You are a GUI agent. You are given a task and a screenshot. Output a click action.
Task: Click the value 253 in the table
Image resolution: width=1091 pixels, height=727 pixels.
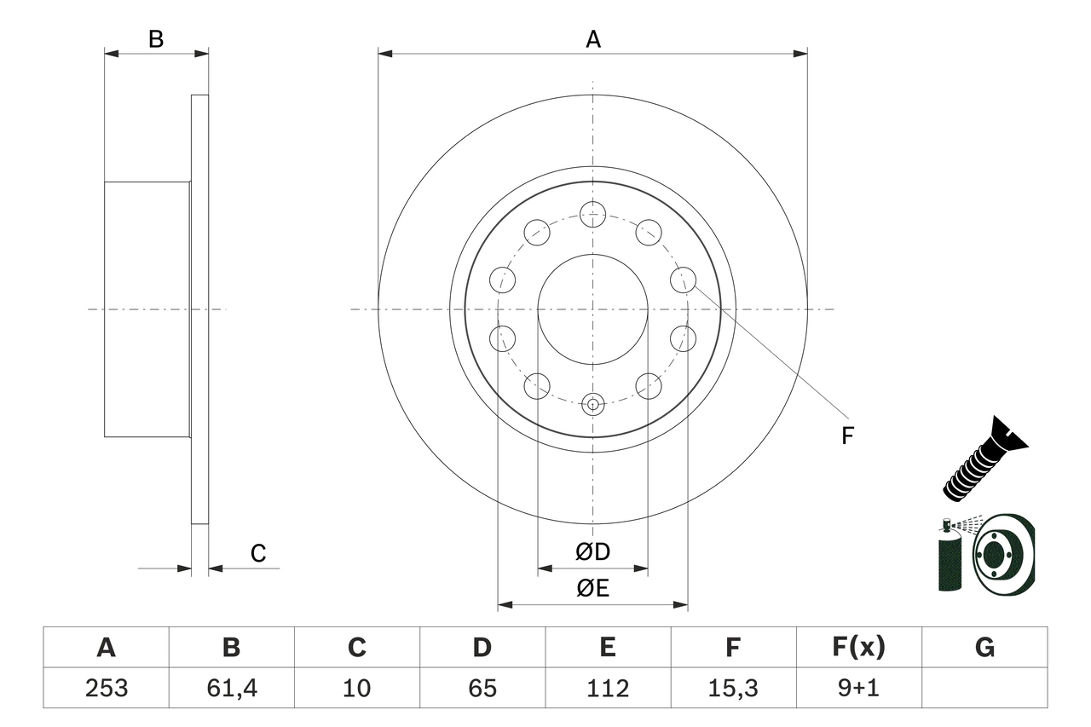pyautogui.click(x=106, y=688)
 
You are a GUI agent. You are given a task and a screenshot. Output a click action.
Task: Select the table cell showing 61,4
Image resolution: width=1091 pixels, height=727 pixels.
pyautogui.click(x=231, y=688)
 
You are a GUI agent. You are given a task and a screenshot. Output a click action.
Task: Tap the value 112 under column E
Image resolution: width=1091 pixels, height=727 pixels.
pyautogui.click(x=607, y=688)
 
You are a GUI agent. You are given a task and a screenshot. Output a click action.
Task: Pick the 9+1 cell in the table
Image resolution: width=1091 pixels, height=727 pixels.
pyautogui.click(x=858, y=688)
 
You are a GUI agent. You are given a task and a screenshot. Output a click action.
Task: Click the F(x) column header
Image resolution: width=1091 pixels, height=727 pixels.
pyautogui.click(x=858, y=648)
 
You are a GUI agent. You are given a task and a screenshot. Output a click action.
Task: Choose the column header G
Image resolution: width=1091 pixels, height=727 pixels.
pyautogui.click(x=984, y=648)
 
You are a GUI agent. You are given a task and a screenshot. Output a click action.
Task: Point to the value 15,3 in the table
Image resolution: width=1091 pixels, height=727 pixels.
pyautogui.click(x=732, y=688)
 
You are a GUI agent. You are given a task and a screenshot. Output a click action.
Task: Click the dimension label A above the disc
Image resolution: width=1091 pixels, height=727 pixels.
pyautogui.click(x=592, y=39)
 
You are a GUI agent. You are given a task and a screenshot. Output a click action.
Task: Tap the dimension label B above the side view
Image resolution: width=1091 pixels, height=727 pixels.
pyautogui.click(x=156, y=39)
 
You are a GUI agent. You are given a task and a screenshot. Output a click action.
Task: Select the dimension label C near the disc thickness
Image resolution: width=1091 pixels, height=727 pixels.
pyautogui.click(x=258, y=553)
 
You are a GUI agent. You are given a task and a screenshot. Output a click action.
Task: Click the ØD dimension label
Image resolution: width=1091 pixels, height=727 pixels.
pyautogui.click(x=592, y=552)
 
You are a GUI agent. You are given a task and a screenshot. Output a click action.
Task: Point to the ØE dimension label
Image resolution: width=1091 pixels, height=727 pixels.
pyautogui.click(x=592, y=589)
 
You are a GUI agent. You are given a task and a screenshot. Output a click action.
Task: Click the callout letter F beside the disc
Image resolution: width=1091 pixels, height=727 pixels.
pyautogui.click(x=847, y=436)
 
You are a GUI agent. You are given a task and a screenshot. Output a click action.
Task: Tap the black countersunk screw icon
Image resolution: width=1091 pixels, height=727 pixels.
pyautogui.click(x=984, y=460)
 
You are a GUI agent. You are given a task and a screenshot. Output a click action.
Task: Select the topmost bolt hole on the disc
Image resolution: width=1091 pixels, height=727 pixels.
pyautogui.click(x=592, y=214)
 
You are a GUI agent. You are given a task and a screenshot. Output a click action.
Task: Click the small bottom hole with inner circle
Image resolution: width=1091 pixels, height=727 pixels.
pyautogui.click(x=592, y=404)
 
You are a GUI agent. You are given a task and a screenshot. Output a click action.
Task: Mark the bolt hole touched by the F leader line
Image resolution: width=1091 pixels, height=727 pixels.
pyautogui.click(x=683, y=280)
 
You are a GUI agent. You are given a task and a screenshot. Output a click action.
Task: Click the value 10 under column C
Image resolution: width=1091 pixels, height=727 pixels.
pyautogui.click(x=356, y=688)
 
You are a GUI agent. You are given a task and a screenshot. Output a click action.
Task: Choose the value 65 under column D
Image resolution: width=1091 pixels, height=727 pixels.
pyautogui.click(x=482, y=688)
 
